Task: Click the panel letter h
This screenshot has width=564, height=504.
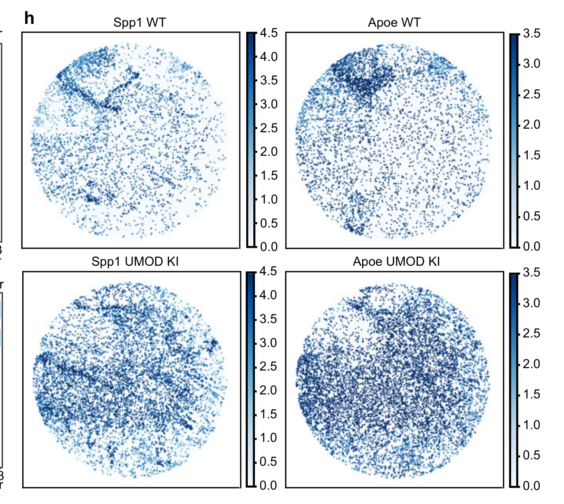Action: pos(29,18)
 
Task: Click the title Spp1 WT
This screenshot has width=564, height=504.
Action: pos(139,22)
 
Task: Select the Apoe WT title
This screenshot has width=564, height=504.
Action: pos(394,22)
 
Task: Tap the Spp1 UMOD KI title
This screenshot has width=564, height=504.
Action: pos(135,261)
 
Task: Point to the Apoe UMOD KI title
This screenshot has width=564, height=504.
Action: pos(396,261)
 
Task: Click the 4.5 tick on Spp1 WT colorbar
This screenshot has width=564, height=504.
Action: pos(269,33)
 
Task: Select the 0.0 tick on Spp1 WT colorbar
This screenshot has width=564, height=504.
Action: pos(269,247)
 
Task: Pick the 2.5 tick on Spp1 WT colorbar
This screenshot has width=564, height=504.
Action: pos(269,128)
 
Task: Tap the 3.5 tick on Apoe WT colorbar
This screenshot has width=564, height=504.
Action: pos(532,33)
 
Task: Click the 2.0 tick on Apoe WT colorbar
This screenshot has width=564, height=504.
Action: pos(532,125)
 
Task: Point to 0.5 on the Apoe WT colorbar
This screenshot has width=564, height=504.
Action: pos(532,216)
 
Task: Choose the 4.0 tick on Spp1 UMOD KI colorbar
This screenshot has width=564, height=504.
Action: pos(269,295)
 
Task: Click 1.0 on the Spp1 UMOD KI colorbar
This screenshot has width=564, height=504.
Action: pos(269,438)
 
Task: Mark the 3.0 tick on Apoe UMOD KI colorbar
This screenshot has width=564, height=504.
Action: pos(532,303)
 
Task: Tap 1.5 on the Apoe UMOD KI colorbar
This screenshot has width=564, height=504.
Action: pos(532,394)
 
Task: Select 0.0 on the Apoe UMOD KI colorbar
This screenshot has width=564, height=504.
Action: pos(532,486)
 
